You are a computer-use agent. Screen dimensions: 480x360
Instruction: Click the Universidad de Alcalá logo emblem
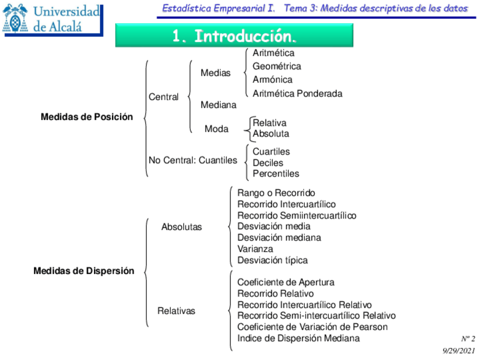coord(15,18)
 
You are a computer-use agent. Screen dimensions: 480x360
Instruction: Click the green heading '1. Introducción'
coord(234,36)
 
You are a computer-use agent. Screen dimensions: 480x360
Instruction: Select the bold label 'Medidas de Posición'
coord(87,117)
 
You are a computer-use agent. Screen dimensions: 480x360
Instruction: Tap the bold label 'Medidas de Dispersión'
coord(84,271)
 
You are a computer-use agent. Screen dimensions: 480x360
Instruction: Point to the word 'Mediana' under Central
coord(218,105)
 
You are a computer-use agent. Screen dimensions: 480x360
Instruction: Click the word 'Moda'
coord(216,129)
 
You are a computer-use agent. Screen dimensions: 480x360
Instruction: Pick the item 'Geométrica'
coord(277,66)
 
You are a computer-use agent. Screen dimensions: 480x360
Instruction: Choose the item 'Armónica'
coord(272,80)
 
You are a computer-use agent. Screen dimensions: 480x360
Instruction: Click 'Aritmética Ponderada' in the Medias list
coord(297,93)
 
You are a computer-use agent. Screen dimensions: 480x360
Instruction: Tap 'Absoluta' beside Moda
coord(271,134)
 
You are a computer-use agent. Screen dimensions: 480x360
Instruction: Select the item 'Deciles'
coord(268,163)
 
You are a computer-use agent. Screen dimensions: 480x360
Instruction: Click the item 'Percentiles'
coord(276,174)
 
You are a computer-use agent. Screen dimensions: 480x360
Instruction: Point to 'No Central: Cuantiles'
coord(192,160)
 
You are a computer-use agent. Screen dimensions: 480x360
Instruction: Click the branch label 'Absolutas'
coord(181,227)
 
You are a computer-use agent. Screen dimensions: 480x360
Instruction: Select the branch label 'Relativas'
coord(176,311)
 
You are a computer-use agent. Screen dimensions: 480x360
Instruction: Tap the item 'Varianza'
coord(255,249)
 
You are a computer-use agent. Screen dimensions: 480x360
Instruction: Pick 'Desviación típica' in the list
coord(272,260)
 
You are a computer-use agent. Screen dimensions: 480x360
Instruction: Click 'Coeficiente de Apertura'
coord(285,282)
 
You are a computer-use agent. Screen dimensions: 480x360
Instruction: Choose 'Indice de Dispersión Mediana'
coord(298,338)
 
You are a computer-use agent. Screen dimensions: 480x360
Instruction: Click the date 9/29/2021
coord(459,351)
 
